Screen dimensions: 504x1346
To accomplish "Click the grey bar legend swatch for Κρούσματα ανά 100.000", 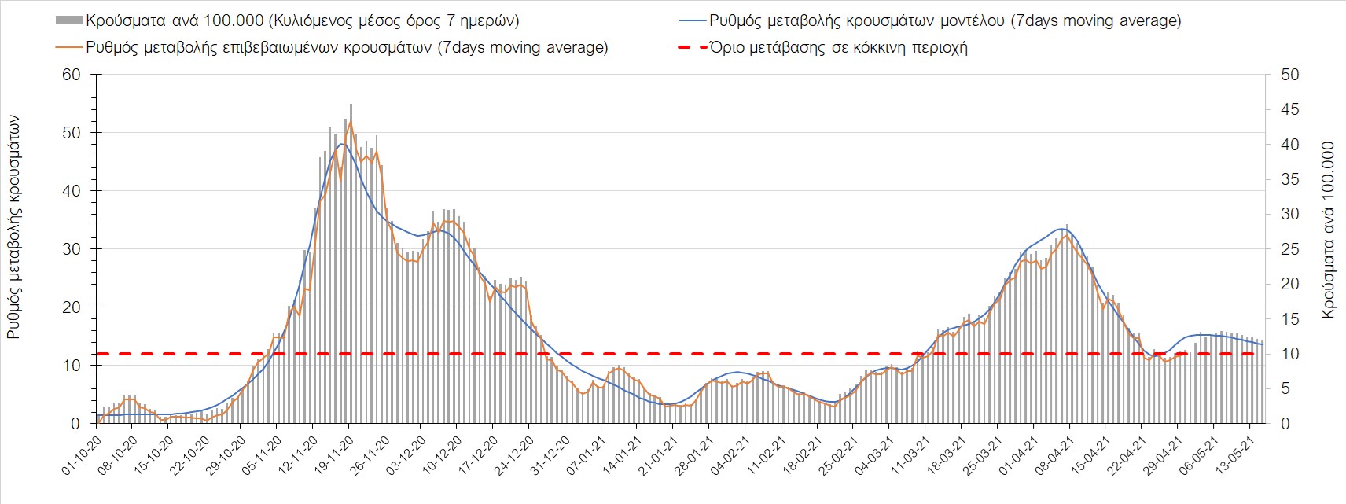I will (x=69, y=20).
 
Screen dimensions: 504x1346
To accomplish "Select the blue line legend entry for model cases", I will (x=943, y=20).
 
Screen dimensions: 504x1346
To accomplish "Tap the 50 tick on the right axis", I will (x=1290, y=75).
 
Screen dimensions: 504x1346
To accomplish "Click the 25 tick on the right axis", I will (x=1290, y=249).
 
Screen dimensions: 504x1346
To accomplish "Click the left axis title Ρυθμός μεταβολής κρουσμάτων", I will (x=14, y=228).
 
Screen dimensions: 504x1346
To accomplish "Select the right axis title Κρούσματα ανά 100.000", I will (x=1328, y=230).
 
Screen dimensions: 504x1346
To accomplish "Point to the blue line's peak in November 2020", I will (x=342, y=144).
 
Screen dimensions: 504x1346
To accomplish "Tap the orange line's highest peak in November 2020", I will (x=350, y=122).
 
